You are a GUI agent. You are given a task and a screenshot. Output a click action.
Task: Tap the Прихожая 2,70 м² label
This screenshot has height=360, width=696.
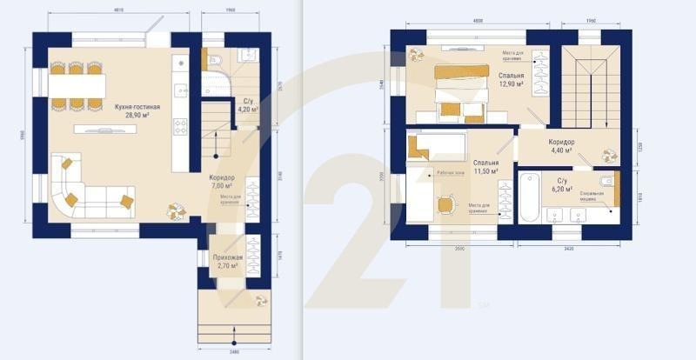(x=227, y=261)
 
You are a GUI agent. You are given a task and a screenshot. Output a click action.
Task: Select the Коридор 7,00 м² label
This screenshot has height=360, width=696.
(x=222, y=182)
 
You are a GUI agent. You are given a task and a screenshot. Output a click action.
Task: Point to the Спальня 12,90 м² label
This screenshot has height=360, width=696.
(x=512, y=80)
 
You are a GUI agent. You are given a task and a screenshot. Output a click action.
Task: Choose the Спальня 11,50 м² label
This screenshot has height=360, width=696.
(x=485, y=166)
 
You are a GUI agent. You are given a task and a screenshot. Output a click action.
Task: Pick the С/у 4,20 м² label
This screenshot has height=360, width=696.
(x=248, y=105)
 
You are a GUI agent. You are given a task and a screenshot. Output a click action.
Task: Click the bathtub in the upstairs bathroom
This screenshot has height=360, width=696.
(x=528, y=198)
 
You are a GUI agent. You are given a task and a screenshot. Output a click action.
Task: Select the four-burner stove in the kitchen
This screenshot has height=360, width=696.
(x=181, y=127)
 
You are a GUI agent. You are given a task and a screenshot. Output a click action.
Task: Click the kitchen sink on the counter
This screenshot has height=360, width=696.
(x=180, y=89)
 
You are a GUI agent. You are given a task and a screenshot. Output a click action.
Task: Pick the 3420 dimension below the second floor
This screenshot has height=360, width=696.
(x=567, y=249)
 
